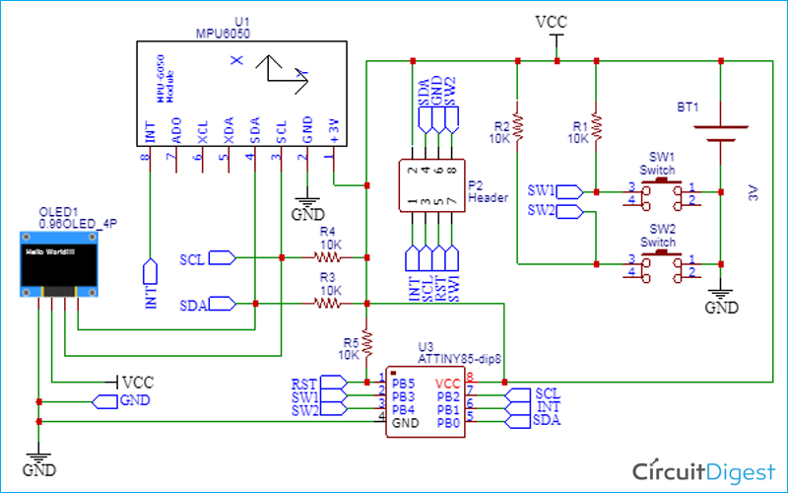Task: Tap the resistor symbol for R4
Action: (x=327, y=258)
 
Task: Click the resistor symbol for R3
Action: (x=327, y=305)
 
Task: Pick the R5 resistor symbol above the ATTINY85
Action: (x=366, y=341)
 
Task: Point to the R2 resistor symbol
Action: (x=517, y=126)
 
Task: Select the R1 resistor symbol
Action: (x=596, y=126)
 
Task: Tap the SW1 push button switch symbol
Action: (x=657, y=193)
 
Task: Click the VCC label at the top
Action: (x=550, y=21)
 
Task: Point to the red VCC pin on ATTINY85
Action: (x=448, y=381)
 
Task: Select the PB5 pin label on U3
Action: (x=402, y=381)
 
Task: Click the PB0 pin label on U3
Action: (x=449, y=421)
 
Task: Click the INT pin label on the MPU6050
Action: (x=150, y=128)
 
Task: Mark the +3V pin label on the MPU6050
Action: (x=336, y=128)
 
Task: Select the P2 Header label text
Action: (x=487, y=190)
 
